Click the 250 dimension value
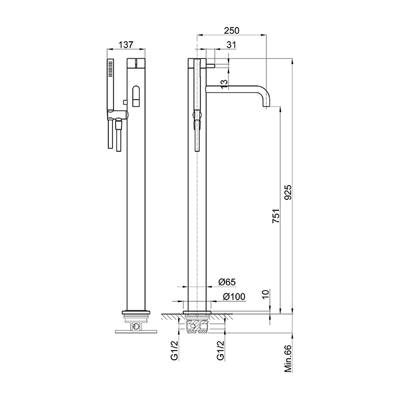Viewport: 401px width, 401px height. [x=231, y=30]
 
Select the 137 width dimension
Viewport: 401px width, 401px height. [x=126, y=45]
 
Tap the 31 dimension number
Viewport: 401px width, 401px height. [x=231, y=45]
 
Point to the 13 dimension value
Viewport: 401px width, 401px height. [x=223, y=84]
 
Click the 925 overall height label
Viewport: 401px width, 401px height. [x=288, y=192]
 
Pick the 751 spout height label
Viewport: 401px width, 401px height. [x=276, y=216]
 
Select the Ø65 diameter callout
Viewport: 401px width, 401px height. [x=227, y=282]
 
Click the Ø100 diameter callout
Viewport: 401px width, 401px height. [x=234, y=297]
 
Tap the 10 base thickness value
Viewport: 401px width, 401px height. [x=266, y=294]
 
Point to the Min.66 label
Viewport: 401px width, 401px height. [x=288, y=359]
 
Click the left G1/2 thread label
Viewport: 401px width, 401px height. [x=174, y=351]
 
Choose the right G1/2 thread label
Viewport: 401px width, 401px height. [x=221, y=351]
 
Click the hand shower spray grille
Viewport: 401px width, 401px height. [x=111, y=69]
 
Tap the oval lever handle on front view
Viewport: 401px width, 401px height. [x=136, y=96]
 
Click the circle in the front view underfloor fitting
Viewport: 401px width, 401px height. [x=136, y=326]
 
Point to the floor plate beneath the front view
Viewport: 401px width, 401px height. [x=136, y=332]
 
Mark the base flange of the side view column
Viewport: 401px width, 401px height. [x=197, y=312]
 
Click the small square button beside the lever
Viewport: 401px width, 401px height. [x=125, y=102]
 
